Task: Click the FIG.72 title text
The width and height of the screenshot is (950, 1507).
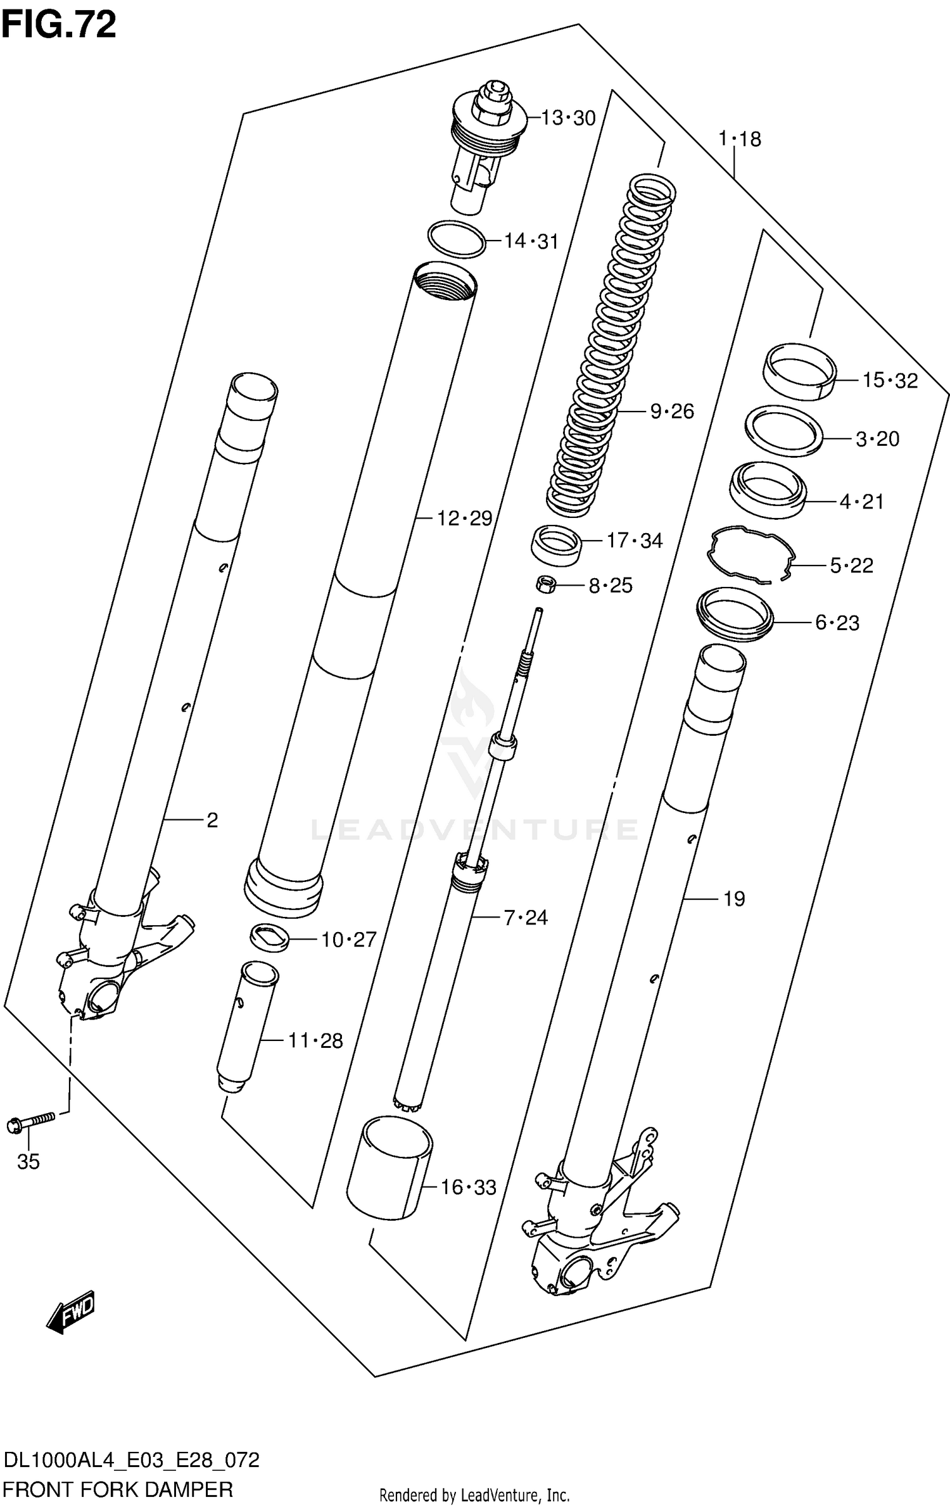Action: click(58, 25)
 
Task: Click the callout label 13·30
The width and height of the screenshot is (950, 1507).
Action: click(569, 118)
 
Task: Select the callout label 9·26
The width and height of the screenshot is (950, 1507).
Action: click(671, 412)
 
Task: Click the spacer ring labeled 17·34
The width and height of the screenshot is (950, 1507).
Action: click(556, 544)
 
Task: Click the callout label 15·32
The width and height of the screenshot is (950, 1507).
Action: click(889, 381)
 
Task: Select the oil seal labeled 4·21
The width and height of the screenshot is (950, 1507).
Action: click(768, 489)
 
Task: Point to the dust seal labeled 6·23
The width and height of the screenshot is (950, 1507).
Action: click(735, 614)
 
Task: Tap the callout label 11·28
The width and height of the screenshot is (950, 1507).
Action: click(315, 1040)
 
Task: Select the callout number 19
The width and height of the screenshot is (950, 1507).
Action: click(734, 899)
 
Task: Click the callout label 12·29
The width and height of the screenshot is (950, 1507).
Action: click(464, 519)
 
